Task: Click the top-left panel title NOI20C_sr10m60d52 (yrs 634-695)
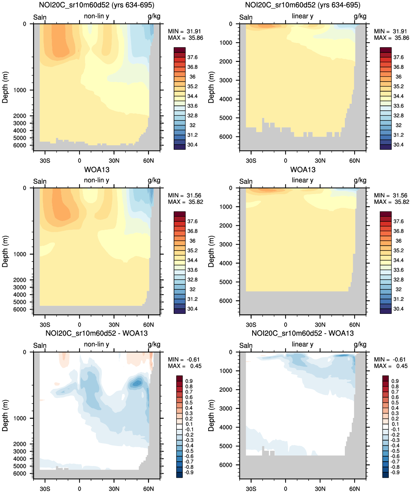point(97,5)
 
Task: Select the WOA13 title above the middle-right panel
point(303,170)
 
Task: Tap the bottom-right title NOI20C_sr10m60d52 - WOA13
point(303,333)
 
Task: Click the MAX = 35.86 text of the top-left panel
point(185,38)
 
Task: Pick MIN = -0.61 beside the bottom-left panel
point(184,359)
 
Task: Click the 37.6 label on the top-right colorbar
point(398,57)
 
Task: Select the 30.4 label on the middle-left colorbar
point(192,309)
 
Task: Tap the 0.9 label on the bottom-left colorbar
point(189,381)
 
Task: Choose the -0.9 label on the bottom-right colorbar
point(395,472)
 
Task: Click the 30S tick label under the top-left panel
point(45,161)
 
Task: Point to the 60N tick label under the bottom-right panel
point(354,489)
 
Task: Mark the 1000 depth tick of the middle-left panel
point(20,254)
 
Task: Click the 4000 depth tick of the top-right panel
point(226,99)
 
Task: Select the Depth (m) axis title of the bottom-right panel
point(211,415)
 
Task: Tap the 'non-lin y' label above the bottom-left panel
point(96,344)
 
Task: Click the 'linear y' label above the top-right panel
point(302,16)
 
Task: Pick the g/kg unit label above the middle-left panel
point(154,180)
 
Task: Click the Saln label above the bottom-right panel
point(246,345)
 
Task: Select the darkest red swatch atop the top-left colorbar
point(180,50)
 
